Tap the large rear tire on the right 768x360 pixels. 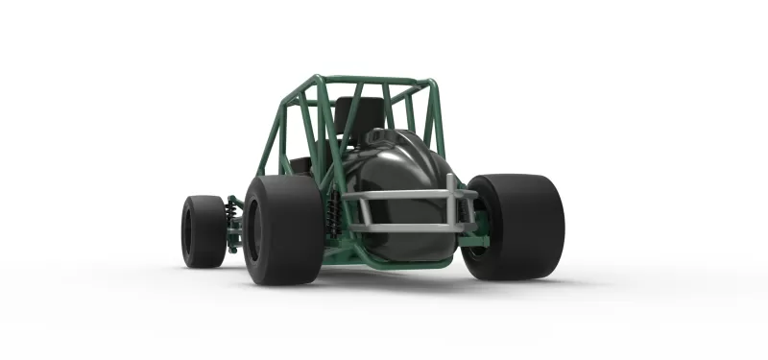518,227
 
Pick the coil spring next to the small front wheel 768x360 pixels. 231,210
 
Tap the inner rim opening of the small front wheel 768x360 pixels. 186,231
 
